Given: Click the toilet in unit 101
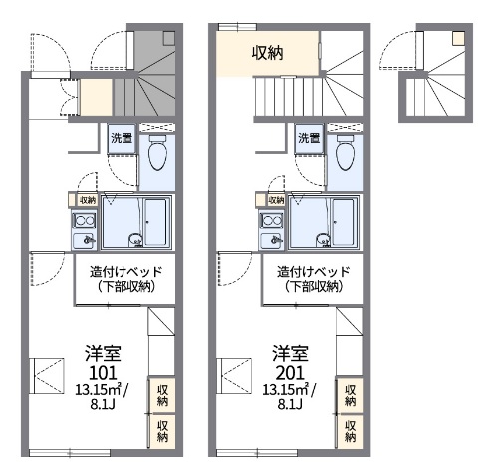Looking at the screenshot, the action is click(x=157, y=153).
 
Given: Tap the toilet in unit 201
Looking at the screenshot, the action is click(x=345, y=153).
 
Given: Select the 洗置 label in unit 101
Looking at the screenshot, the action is click(x=122, y=138).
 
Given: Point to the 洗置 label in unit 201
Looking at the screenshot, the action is click(x=309, y=138).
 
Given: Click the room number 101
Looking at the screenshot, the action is click(x=103, y=373).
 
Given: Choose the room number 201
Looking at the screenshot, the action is click(x=290, y=373).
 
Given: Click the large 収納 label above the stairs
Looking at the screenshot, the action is click(x=267, y=53).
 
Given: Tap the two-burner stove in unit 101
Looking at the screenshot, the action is click(x=85, y=220).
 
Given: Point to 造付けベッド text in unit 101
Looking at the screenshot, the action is click(x=125, y=272).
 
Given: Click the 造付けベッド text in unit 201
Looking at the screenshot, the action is click(x=314, y=272).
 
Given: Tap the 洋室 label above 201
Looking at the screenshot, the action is click(x=290, y=354).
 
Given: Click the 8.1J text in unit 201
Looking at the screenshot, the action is click(x=290, y=404).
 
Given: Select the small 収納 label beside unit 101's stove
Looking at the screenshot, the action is click(x=88, y=200).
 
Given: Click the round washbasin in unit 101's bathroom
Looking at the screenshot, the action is click(x=135, y=240).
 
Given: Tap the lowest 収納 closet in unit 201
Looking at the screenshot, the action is click(x=350, y=431).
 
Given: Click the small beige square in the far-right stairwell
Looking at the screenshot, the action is click(x=459, y=38).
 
